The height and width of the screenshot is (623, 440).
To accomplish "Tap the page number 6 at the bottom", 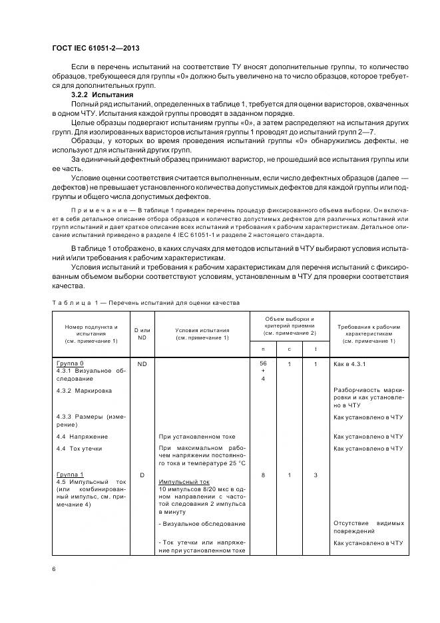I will point(54,568).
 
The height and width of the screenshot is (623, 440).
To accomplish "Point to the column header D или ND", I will point(142,332).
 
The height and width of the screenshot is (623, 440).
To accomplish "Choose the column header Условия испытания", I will point(202,332).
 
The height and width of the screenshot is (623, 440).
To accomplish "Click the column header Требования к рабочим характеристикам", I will point(368,332).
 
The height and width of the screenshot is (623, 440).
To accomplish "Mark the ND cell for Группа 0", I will point(142,364).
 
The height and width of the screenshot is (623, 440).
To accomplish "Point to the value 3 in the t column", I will point(315,475).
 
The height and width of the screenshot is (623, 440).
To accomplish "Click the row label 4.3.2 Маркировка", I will point(85,390).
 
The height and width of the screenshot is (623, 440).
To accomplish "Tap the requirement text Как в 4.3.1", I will point(350,364).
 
